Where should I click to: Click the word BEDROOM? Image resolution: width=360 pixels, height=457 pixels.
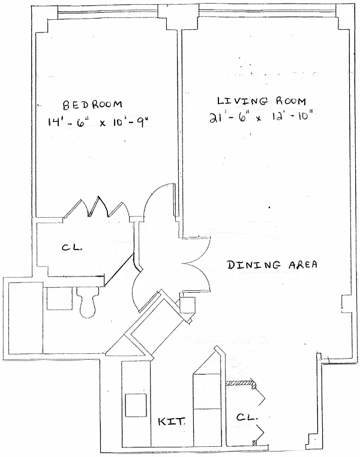(x=93, y=104)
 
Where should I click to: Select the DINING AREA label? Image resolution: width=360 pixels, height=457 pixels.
(x=272, y=264)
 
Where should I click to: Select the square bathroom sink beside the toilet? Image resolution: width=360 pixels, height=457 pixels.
(x=59, y=298)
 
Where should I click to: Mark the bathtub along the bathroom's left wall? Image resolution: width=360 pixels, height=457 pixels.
(x=24, y=316)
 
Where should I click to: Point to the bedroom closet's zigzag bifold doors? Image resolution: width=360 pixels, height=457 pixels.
(x=96, y=208)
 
